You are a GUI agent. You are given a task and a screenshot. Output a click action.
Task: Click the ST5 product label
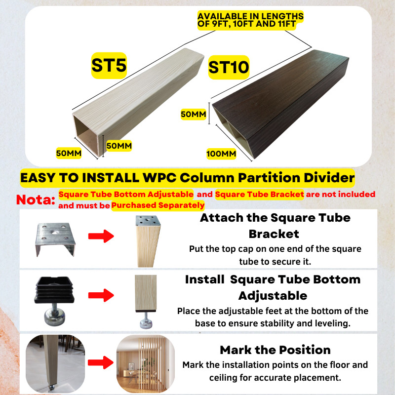coord(109,66)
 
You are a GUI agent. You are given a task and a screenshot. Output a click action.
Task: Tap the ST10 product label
coord(229,67)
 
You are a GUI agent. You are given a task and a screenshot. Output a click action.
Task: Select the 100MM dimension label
coord(221,154)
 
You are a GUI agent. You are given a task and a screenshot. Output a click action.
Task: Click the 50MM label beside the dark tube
coord(194,114)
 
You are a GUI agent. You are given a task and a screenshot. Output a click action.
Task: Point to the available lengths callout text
coord(250,20)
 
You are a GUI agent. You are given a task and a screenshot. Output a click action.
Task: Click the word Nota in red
coord(36,200)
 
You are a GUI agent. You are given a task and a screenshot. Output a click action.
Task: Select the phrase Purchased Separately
coord(158,205)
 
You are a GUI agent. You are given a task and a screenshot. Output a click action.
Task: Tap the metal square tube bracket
coord(55,239)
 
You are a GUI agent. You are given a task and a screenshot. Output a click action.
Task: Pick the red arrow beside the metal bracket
coord(101,236)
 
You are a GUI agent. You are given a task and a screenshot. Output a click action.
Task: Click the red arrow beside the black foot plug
coord(101,295)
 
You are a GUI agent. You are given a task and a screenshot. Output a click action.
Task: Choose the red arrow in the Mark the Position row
coord(101,363)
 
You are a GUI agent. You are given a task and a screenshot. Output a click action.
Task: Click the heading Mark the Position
coord(275,350)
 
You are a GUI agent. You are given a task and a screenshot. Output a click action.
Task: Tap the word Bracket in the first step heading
coord(274,234)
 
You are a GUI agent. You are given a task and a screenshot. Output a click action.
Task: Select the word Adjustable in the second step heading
coord(273,296)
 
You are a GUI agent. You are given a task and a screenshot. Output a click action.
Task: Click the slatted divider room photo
coord(146,363)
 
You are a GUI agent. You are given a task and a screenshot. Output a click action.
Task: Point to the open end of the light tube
coord(88,136)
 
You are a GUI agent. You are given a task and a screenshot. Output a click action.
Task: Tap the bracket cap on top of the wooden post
coord(148,221)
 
